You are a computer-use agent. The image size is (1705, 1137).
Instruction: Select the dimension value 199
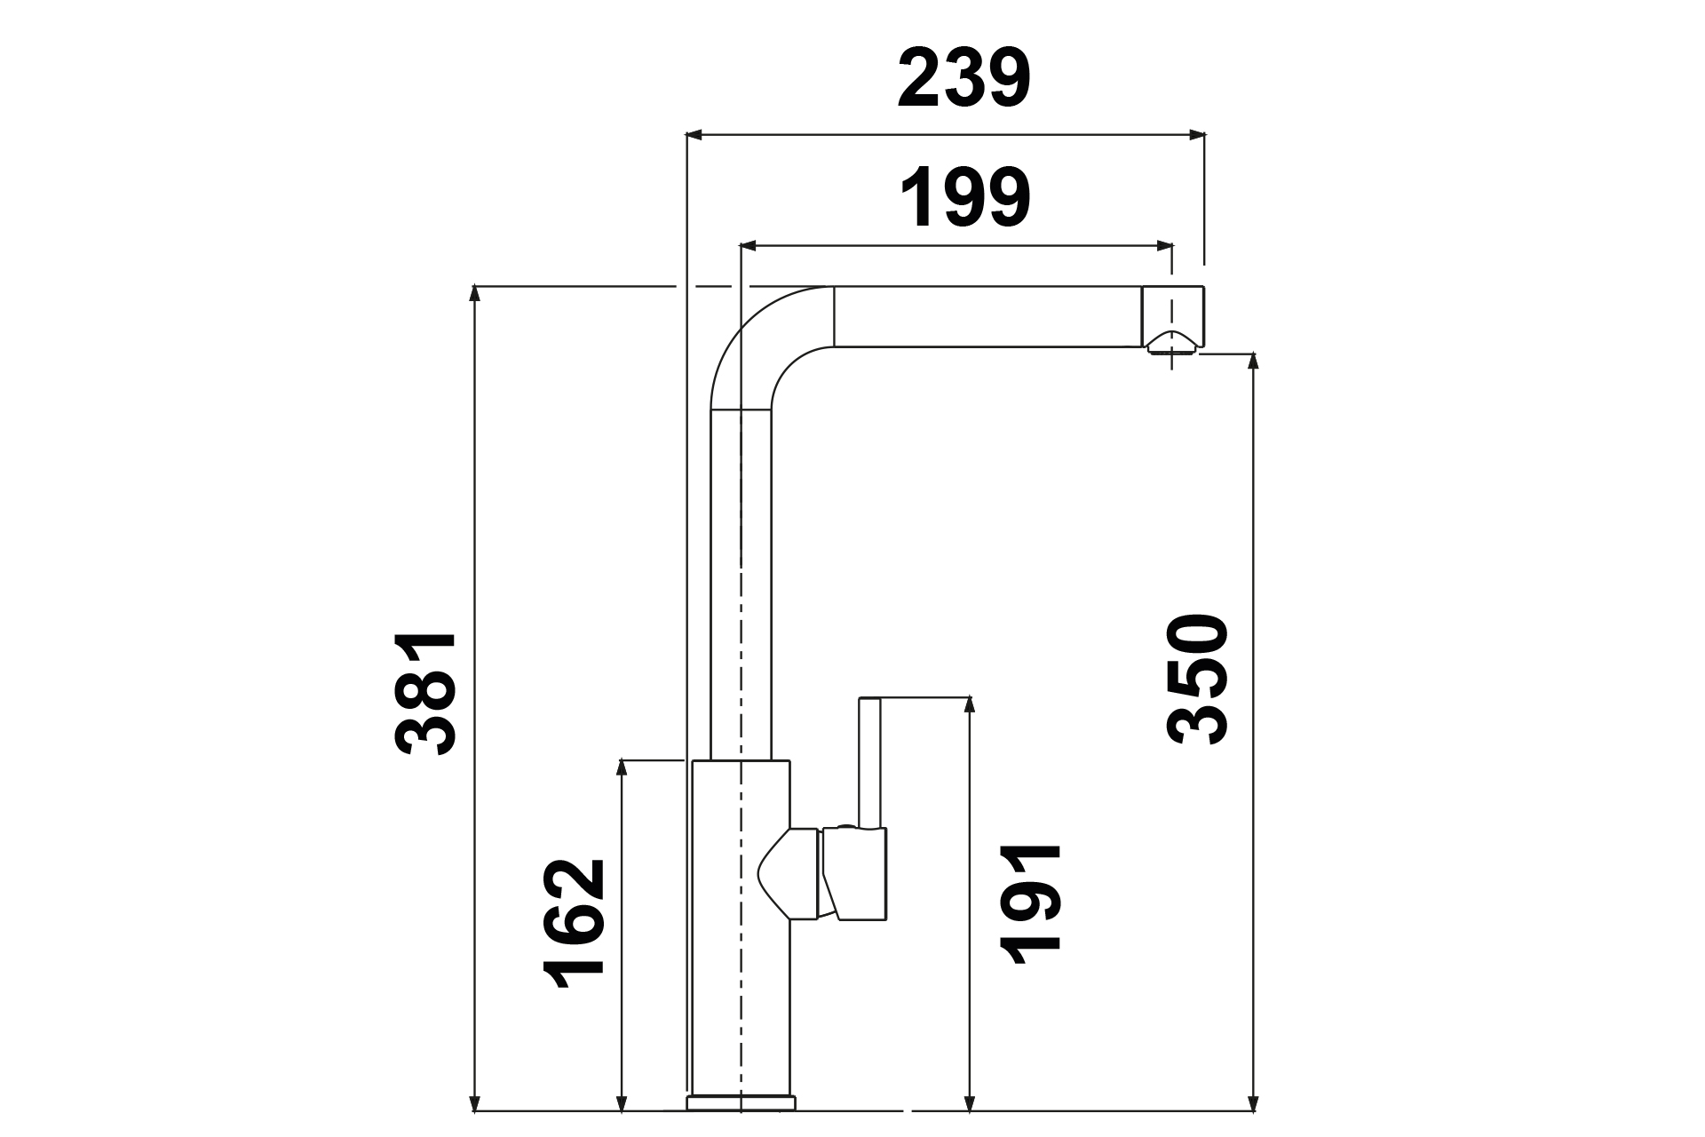point(965,197)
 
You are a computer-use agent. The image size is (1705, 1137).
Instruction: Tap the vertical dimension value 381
point(426,694)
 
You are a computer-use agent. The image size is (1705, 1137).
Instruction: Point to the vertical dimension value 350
point(1198,679)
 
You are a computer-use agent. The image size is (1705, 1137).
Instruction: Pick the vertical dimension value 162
point(574,924)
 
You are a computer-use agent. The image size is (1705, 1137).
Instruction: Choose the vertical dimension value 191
point(1030,904)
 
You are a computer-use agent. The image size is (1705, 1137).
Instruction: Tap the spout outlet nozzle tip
point(1173,344)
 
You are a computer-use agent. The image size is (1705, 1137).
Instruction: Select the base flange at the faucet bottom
point(741,1103)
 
